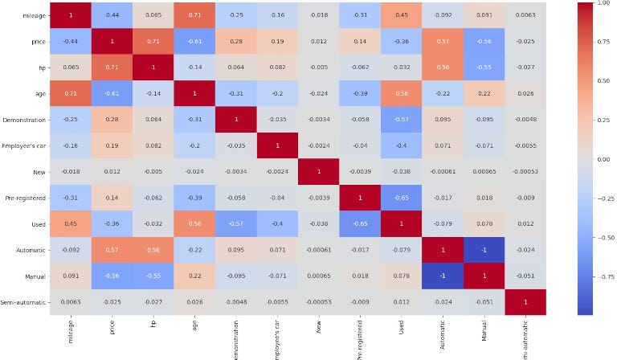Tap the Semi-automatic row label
pos(24,301)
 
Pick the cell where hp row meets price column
pos(111,67)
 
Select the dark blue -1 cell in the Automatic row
pos(484,250)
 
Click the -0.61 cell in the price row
pos(194,41)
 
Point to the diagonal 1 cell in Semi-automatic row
pos(525,301)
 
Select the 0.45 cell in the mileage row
pos(400,15)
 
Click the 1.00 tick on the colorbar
pos(599,3)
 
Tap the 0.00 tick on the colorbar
pos(599,160)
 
